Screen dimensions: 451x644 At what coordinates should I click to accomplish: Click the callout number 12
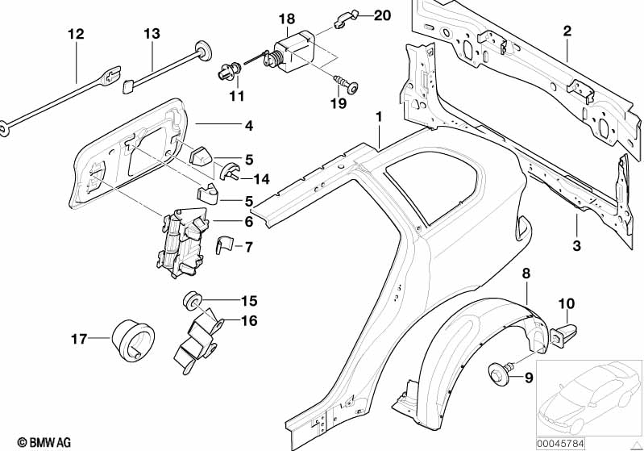coord(75,34)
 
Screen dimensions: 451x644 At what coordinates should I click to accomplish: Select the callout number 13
coord(152,34)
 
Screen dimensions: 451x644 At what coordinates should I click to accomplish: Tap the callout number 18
coord(288,19)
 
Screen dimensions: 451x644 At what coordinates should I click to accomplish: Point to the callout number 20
coord(359,15)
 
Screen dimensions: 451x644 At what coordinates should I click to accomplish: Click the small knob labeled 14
coord(229,170)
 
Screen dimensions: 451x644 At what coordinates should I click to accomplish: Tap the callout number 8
coord(526,274)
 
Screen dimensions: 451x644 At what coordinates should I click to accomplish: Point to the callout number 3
coord(577,244)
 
